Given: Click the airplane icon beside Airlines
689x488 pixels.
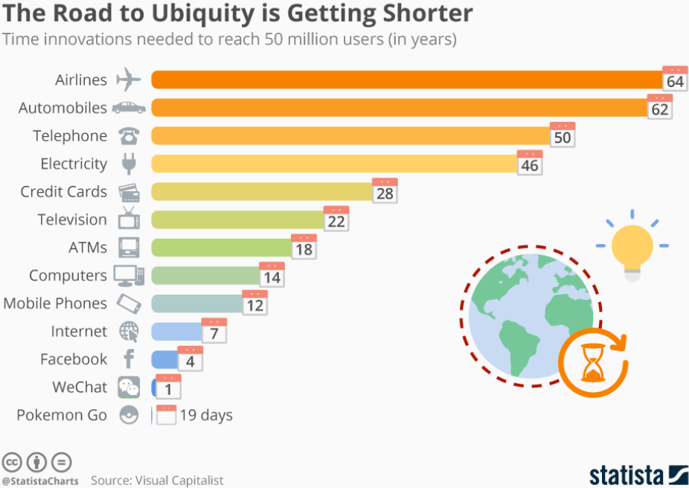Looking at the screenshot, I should (129, 79).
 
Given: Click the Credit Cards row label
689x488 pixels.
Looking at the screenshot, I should (64, 191).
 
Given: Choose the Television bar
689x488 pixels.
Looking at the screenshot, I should (238, 219).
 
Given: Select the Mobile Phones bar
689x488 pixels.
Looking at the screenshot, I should (198, 304).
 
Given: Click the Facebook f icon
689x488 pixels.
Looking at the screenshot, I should (129, 359).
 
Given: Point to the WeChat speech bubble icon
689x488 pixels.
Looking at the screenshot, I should (129, 387).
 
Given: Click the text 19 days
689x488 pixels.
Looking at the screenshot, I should (206, 415).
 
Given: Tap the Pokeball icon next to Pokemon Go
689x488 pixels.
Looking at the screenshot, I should (129, 415).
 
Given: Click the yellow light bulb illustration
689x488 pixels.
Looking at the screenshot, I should (632, 248).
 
